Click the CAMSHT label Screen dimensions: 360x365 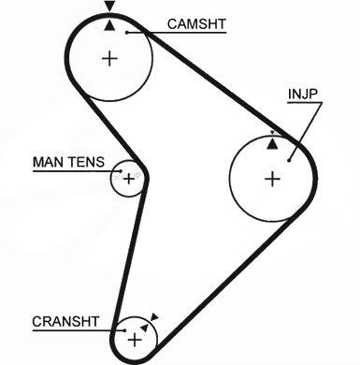(x=196, y=24)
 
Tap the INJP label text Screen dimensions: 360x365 (x=303, y=94)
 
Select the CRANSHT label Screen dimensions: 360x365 (x=65, y=322)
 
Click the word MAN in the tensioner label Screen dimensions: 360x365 (x=49, y=162)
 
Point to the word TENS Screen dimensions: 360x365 (x=87, y=162)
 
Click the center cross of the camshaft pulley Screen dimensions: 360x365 (x=109, y=58)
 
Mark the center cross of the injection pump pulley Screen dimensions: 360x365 (x=273, y=179)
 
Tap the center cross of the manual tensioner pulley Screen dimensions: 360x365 (x=129, y=179)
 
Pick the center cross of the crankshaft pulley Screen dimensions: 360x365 (x=135, y=340)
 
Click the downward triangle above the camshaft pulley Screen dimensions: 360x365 (x=109, y=6)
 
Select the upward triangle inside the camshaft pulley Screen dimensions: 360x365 (x=109, y=25)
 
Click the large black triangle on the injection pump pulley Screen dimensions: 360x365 (x=272, y=144)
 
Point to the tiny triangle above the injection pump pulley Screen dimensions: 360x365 (x=272, y=133)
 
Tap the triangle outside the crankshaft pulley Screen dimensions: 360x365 (x=154, y=317)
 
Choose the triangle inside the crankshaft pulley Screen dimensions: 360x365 (x=144, y=328)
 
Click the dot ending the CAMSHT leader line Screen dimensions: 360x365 (x=127, y=33)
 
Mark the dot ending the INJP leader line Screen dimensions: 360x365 (x=289, y=161)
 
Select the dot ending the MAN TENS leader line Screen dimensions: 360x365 (x=121, y=171)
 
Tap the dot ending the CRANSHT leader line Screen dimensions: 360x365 (x=125, y=330)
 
